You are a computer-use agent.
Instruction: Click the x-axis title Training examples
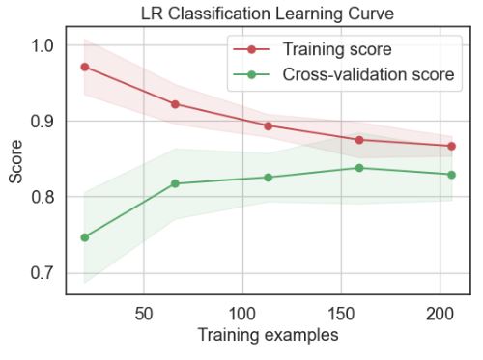tap(268, 336)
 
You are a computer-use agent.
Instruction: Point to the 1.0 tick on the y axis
tap(41, 45)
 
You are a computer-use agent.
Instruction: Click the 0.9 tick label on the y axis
tap(41, 122)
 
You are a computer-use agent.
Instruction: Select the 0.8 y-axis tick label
tap(41, 197)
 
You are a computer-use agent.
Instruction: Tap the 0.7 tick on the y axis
tap(41, 272)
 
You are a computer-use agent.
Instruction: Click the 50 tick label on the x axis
tap(143, 313)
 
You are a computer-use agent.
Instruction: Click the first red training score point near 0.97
tap(85, 68)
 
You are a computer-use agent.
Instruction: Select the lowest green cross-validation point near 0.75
tap(85, 237)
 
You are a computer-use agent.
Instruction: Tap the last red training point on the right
tap(451, 147)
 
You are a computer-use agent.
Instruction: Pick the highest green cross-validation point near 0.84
tap(359, 168)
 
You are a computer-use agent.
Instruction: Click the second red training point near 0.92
tap(175, 104)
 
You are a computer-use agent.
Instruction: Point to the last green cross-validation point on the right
tap(451, 175)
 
